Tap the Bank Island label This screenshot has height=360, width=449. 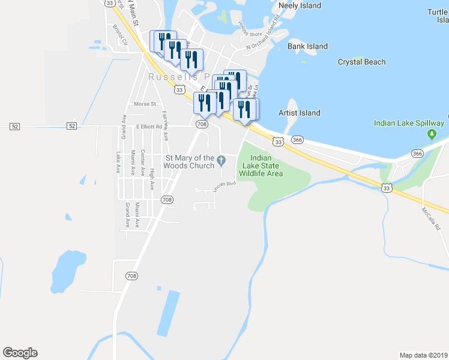307,46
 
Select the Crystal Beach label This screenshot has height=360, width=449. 361,62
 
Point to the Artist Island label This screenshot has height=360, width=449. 299,113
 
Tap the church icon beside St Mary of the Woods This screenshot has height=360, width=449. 221,159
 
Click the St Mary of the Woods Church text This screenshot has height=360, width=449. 189,162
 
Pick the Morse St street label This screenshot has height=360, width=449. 145,104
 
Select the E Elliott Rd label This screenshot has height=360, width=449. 149,127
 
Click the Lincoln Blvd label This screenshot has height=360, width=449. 222,185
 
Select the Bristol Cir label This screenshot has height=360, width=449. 121,35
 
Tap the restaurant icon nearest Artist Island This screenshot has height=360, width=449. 244,109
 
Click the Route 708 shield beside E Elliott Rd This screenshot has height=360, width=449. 202,124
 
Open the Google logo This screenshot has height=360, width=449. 20,353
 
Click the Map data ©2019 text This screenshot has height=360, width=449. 423,355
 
